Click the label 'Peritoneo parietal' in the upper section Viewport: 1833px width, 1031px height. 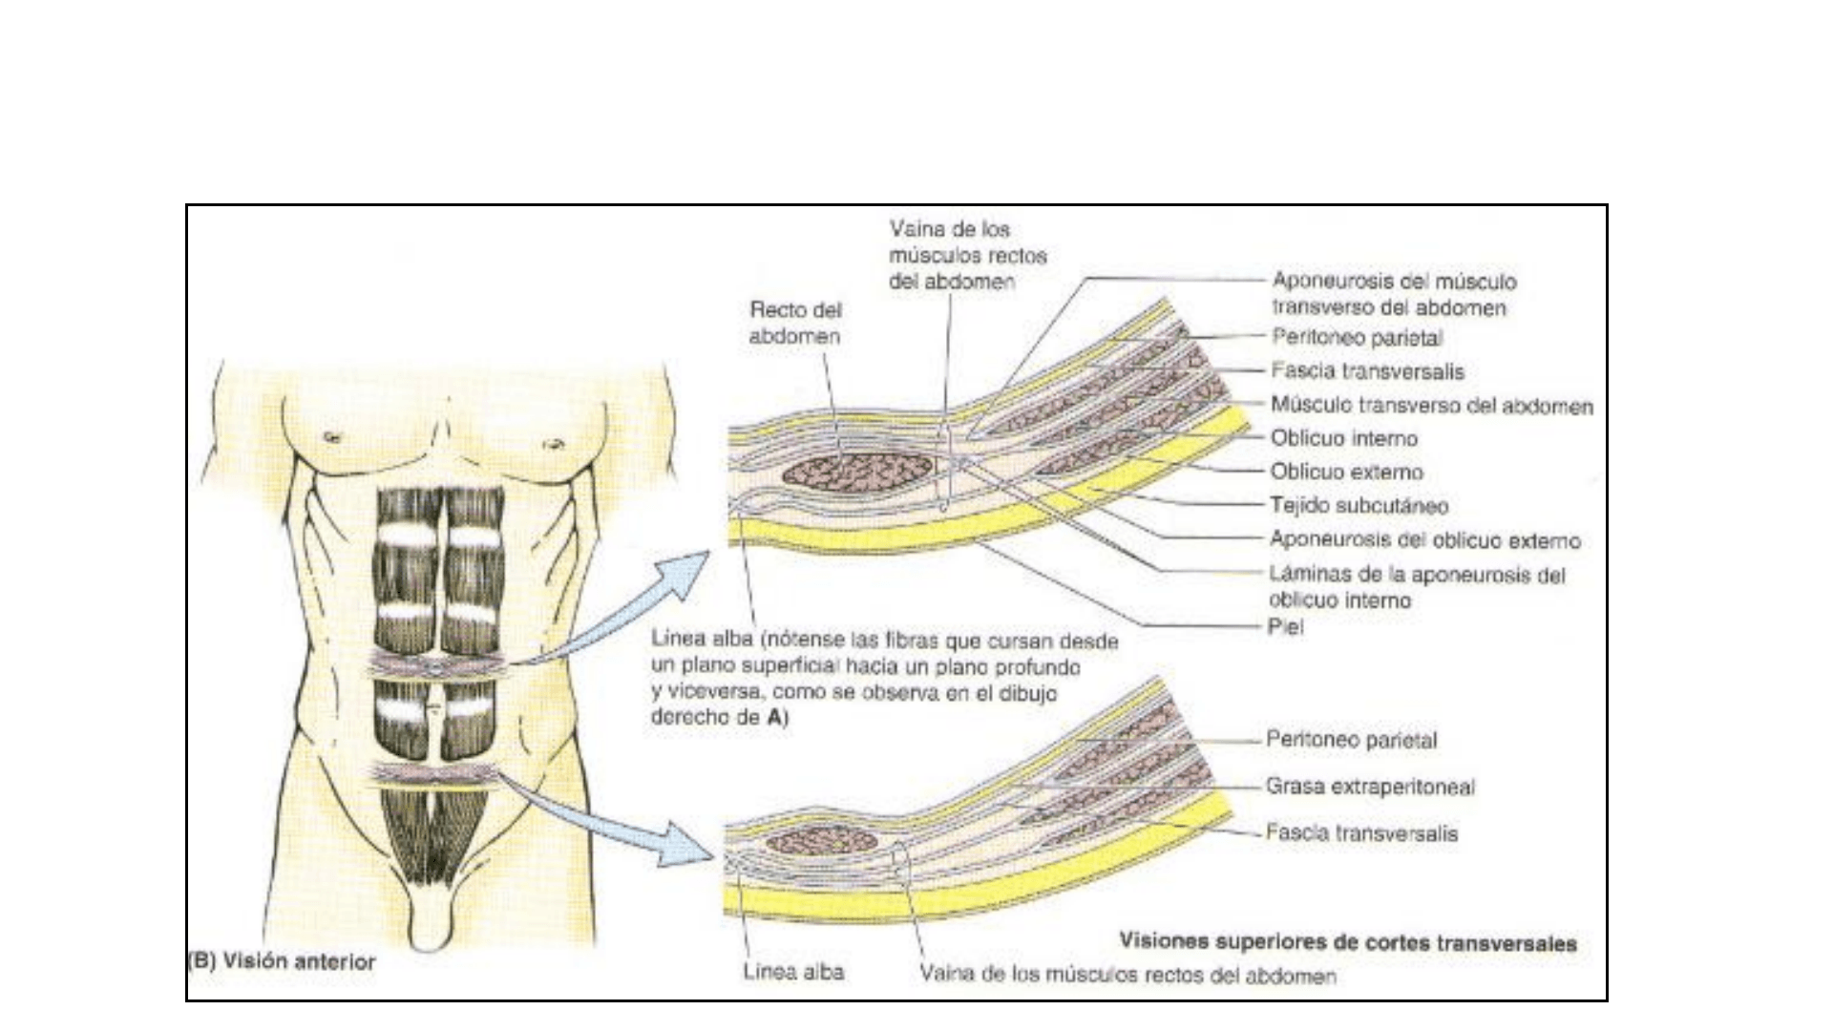tap(1357, 337)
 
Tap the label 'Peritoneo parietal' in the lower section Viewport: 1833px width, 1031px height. tap(1351, 740)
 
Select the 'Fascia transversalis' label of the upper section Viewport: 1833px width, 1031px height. tap(1367, 370)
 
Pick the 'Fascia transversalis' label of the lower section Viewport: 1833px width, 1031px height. tap(1361, 833)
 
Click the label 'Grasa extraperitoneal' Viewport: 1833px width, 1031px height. tap(1370, 787)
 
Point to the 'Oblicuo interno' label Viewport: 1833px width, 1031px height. tap(1343, 438)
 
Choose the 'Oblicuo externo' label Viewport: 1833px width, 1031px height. tap(1346, 472)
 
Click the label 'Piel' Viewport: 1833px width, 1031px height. tap(1286, 627)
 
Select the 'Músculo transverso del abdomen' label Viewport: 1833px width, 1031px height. tap(1431, 405)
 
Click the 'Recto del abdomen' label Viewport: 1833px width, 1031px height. tap(794, 323)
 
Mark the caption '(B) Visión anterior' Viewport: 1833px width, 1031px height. tap(283, 961)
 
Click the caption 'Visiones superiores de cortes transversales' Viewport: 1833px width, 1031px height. tap(1347, 943)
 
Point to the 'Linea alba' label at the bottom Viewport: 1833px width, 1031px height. tap(793, 973)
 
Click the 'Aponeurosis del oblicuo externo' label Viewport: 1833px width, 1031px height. tap(1424, 540)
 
